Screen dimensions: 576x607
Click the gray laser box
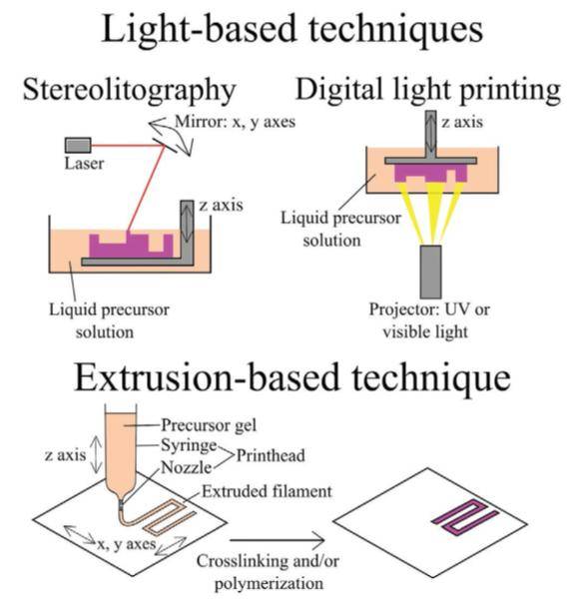(78, 145)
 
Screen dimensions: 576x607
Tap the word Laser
(84, 164)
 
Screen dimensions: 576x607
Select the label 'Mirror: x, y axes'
(235, 122)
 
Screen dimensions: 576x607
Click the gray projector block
(430, 272)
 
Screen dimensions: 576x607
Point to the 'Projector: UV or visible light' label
(429, 320)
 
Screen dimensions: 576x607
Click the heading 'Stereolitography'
(130, 91)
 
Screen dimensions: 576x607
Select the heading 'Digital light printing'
(428, 90)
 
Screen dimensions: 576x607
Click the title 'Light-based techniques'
(291, 29)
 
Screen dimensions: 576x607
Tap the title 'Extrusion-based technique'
(292, 377)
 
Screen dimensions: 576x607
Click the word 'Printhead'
(271, 455)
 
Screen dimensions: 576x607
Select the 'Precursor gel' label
(209, 425)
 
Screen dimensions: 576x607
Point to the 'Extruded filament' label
(267, 491)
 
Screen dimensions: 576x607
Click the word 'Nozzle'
(187, 467)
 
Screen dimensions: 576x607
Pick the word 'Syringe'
(189, 445)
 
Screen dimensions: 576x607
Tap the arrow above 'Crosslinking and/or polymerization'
(278, 540)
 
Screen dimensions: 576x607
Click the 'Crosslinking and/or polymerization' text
(268, 572)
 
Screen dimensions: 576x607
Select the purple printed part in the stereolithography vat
(131, 246)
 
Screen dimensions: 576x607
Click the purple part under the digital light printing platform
(430, 173)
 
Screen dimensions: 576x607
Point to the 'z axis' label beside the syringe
(65, 455)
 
